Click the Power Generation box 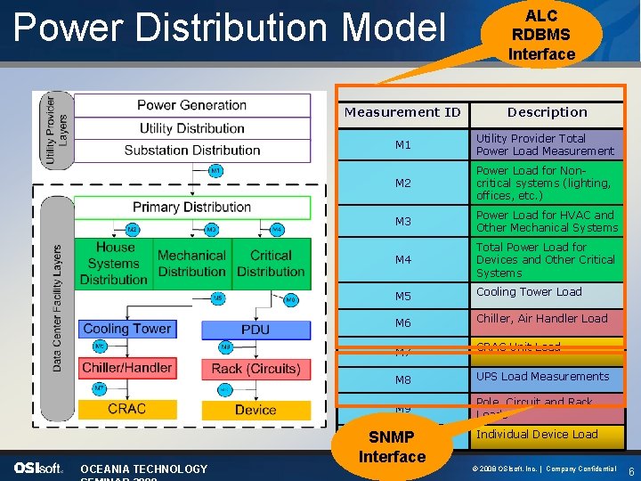coord(191,105)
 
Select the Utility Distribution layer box coord(191,128)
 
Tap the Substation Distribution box coord(191,150)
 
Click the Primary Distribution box coord(191,207)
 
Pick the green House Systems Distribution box coord(114,264)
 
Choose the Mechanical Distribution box coord(191,264)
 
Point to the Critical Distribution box coord(271,264)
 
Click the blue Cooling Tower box coord(126,329)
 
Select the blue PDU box coord(256,330)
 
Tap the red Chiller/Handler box coord(126,367)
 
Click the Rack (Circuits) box coord(256,368)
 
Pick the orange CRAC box coord(126,409)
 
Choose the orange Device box coord(256,410)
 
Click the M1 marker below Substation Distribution coord(216,170)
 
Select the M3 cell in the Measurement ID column coord(403,221)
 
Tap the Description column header coord(547,113)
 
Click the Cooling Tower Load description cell coord(547,293)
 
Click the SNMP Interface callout coord(392,447)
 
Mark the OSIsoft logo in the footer coord(38,469)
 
